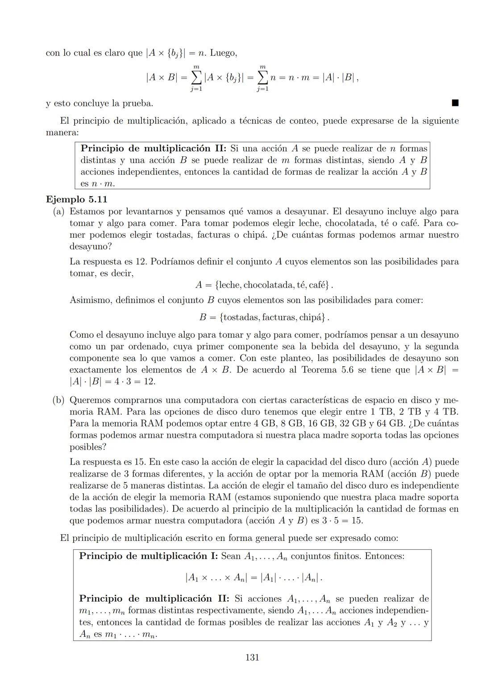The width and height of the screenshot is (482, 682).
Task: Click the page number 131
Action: pos(252,657)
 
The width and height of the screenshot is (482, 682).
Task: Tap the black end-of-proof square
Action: pos(455,103)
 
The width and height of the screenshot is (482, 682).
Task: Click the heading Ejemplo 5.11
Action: pos(76,199)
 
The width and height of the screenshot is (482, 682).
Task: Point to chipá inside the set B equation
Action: pos(311,317)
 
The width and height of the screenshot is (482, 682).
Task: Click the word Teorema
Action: pos(320,370)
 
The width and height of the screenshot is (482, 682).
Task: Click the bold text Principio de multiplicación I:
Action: pos(149,556)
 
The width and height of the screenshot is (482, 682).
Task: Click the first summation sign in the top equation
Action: pos(195,77)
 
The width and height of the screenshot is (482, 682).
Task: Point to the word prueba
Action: pos(138,104)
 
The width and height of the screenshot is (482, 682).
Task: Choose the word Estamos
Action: pos(88,211)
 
